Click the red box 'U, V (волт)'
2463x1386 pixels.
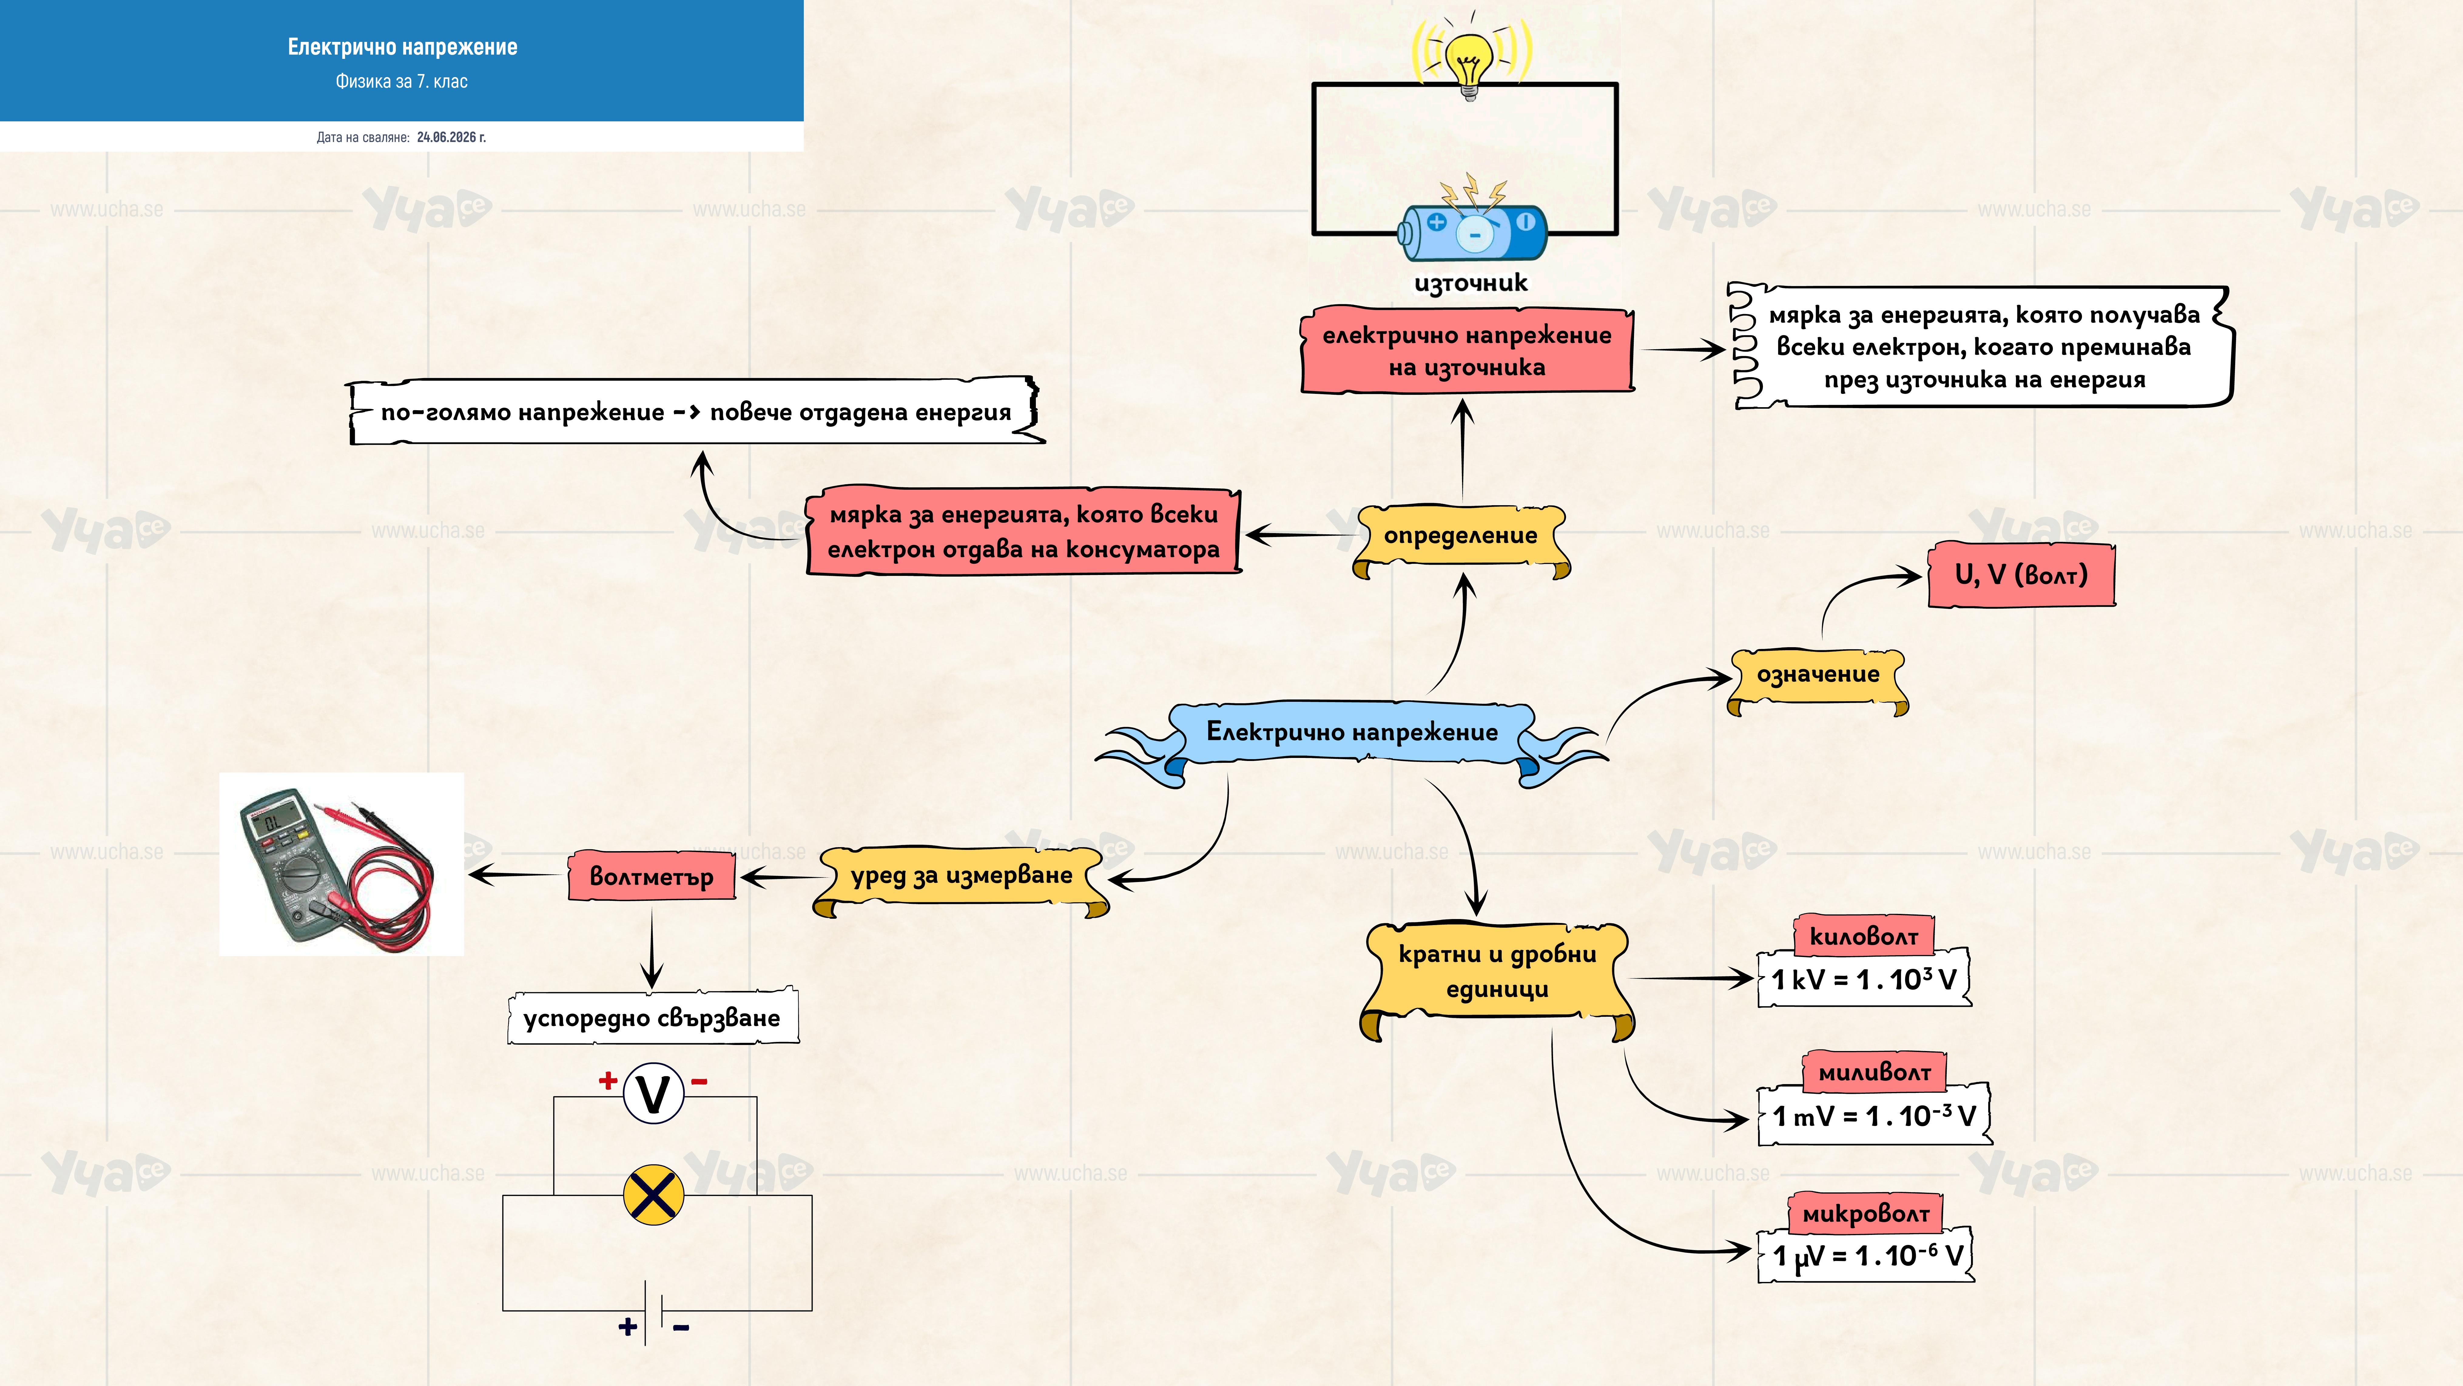click(x=2021, y=575)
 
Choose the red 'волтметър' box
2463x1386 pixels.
click(x=652, y=876)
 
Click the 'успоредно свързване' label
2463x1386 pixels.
click(x=652, y=1017)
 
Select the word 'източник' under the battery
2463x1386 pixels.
click(x=1471, y=283)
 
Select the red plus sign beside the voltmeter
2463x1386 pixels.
click(x=607, y=1081)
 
